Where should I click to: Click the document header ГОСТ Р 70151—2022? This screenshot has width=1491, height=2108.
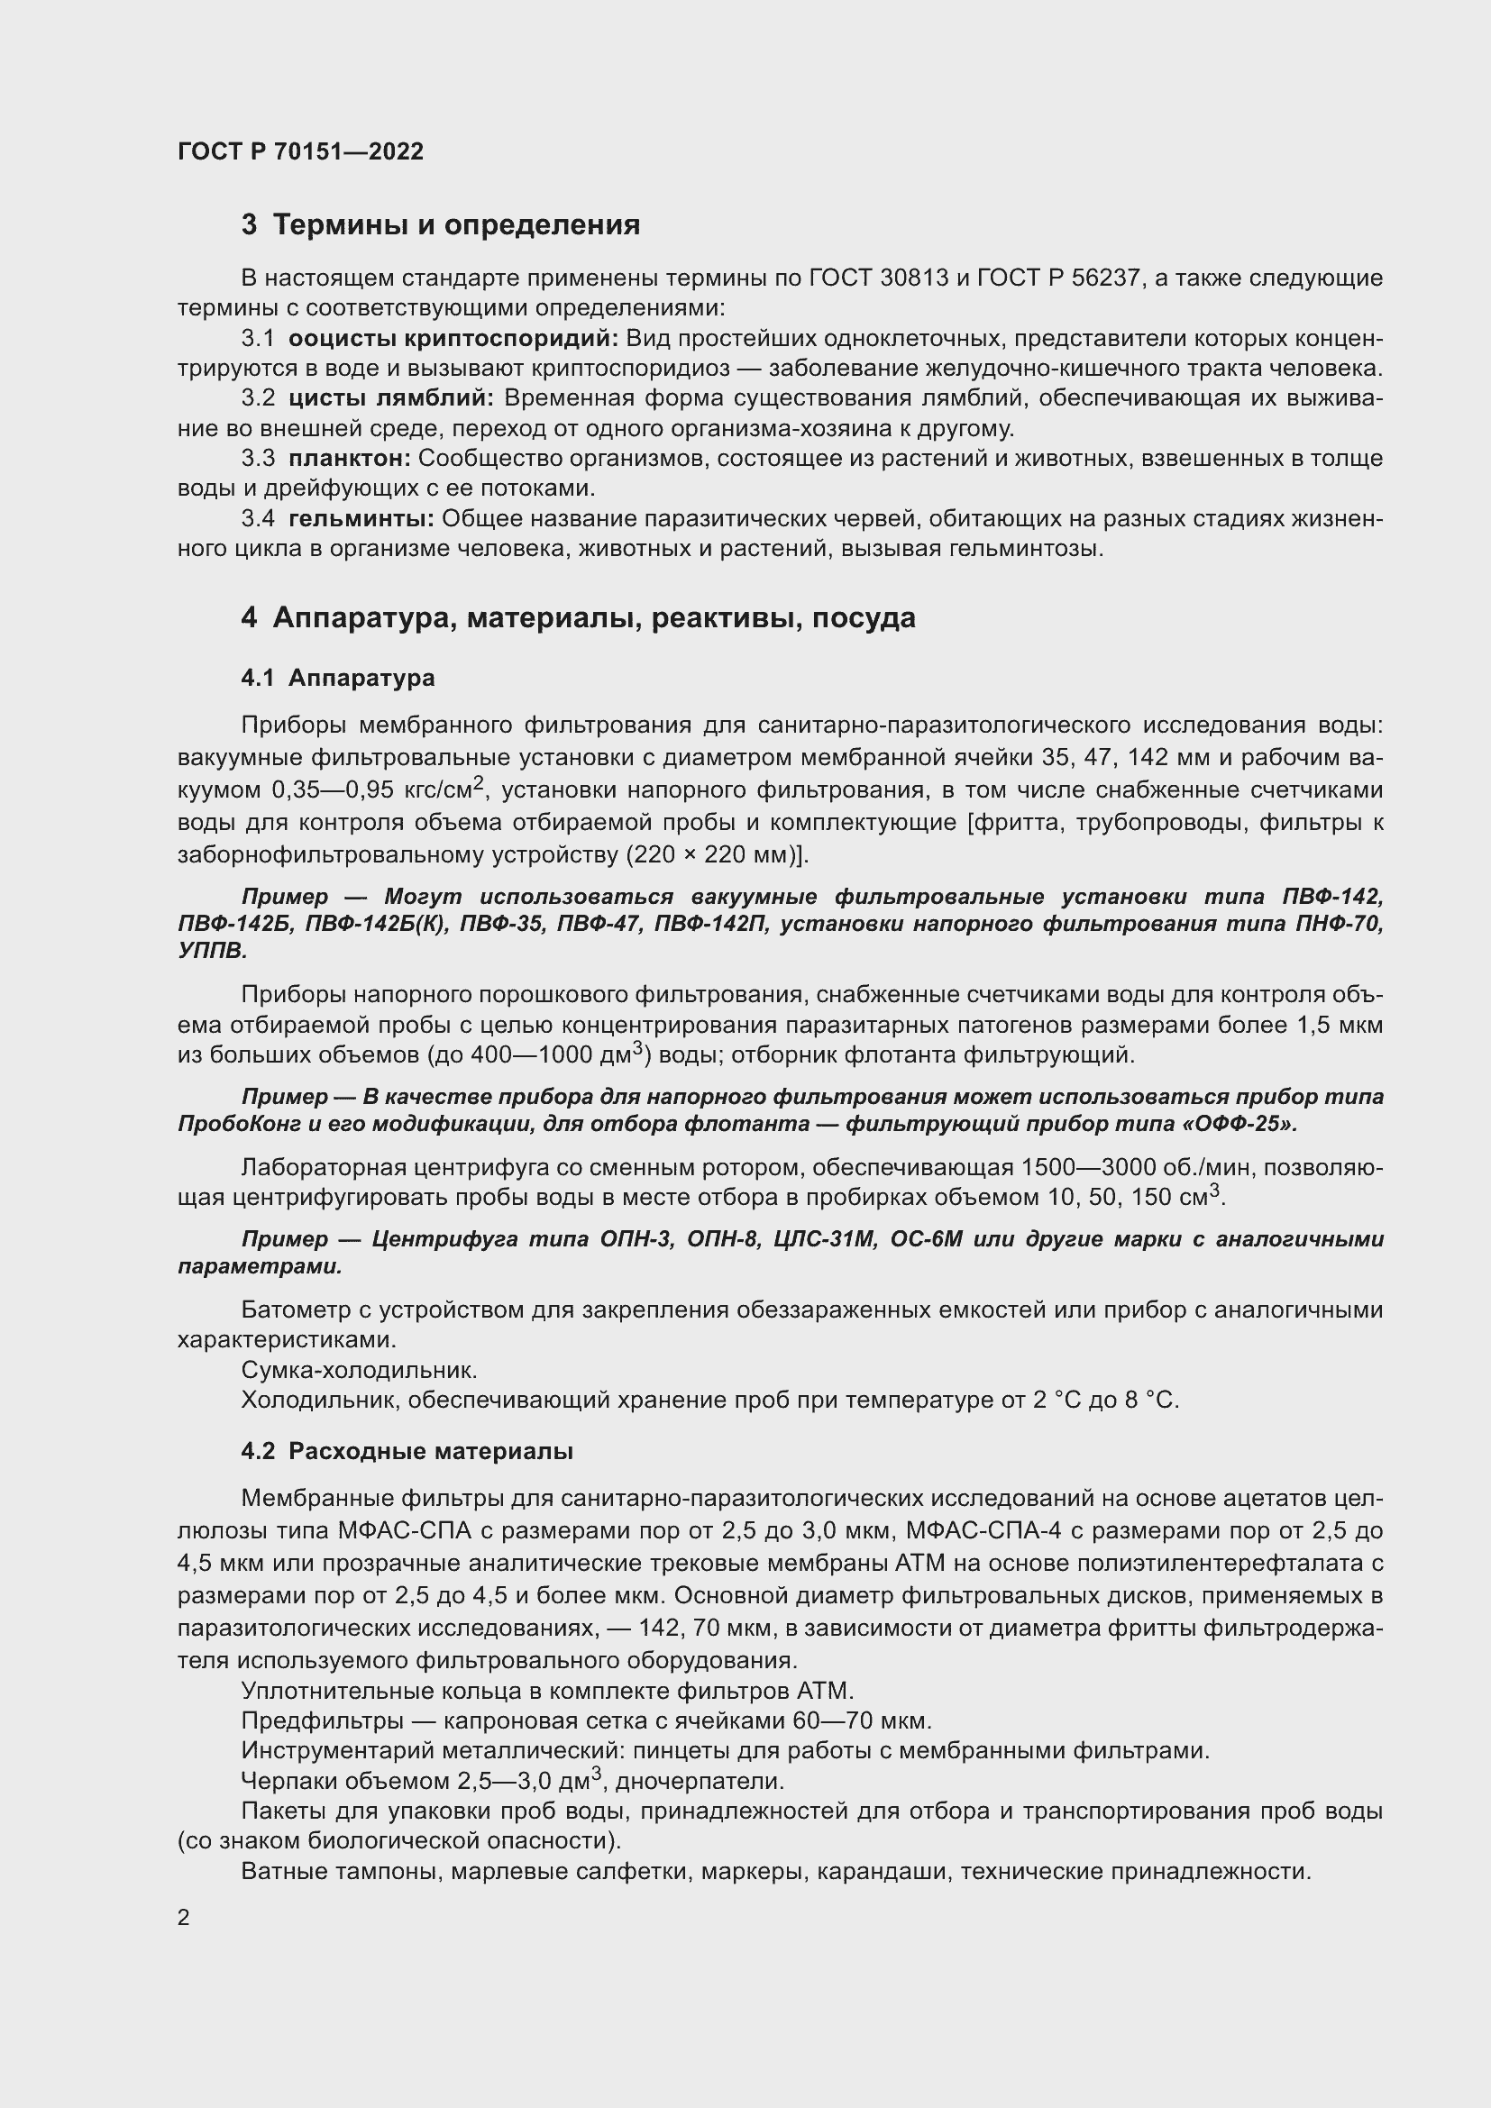(x=300, y=151)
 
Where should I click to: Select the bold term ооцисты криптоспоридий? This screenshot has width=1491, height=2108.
(x=454, y=338)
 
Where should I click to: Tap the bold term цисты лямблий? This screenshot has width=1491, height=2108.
(x=391, y=397)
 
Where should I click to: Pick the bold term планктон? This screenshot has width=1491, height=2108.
(x=349, y=458)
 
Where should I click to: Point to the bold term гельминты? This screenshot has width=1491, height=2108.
(x=361, y=519)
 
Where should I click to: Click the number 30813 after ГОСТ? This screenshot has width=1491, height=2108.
(x=913, y=278)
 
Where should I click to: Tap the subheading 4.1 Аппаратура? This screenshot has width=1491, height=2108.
(x=338, y=679)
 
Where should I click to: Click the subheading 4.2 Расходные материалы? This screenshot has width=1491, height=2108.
(x=407, y=1452)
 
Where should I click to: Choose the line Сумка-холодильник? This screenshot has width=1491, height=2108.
(x=359, y=1370)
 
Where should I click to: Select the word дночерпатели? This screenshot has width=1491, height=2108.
(x=700, y=1781)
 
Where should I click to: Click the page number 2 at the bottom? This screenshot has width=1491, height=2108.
(x=184, y=1917)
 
